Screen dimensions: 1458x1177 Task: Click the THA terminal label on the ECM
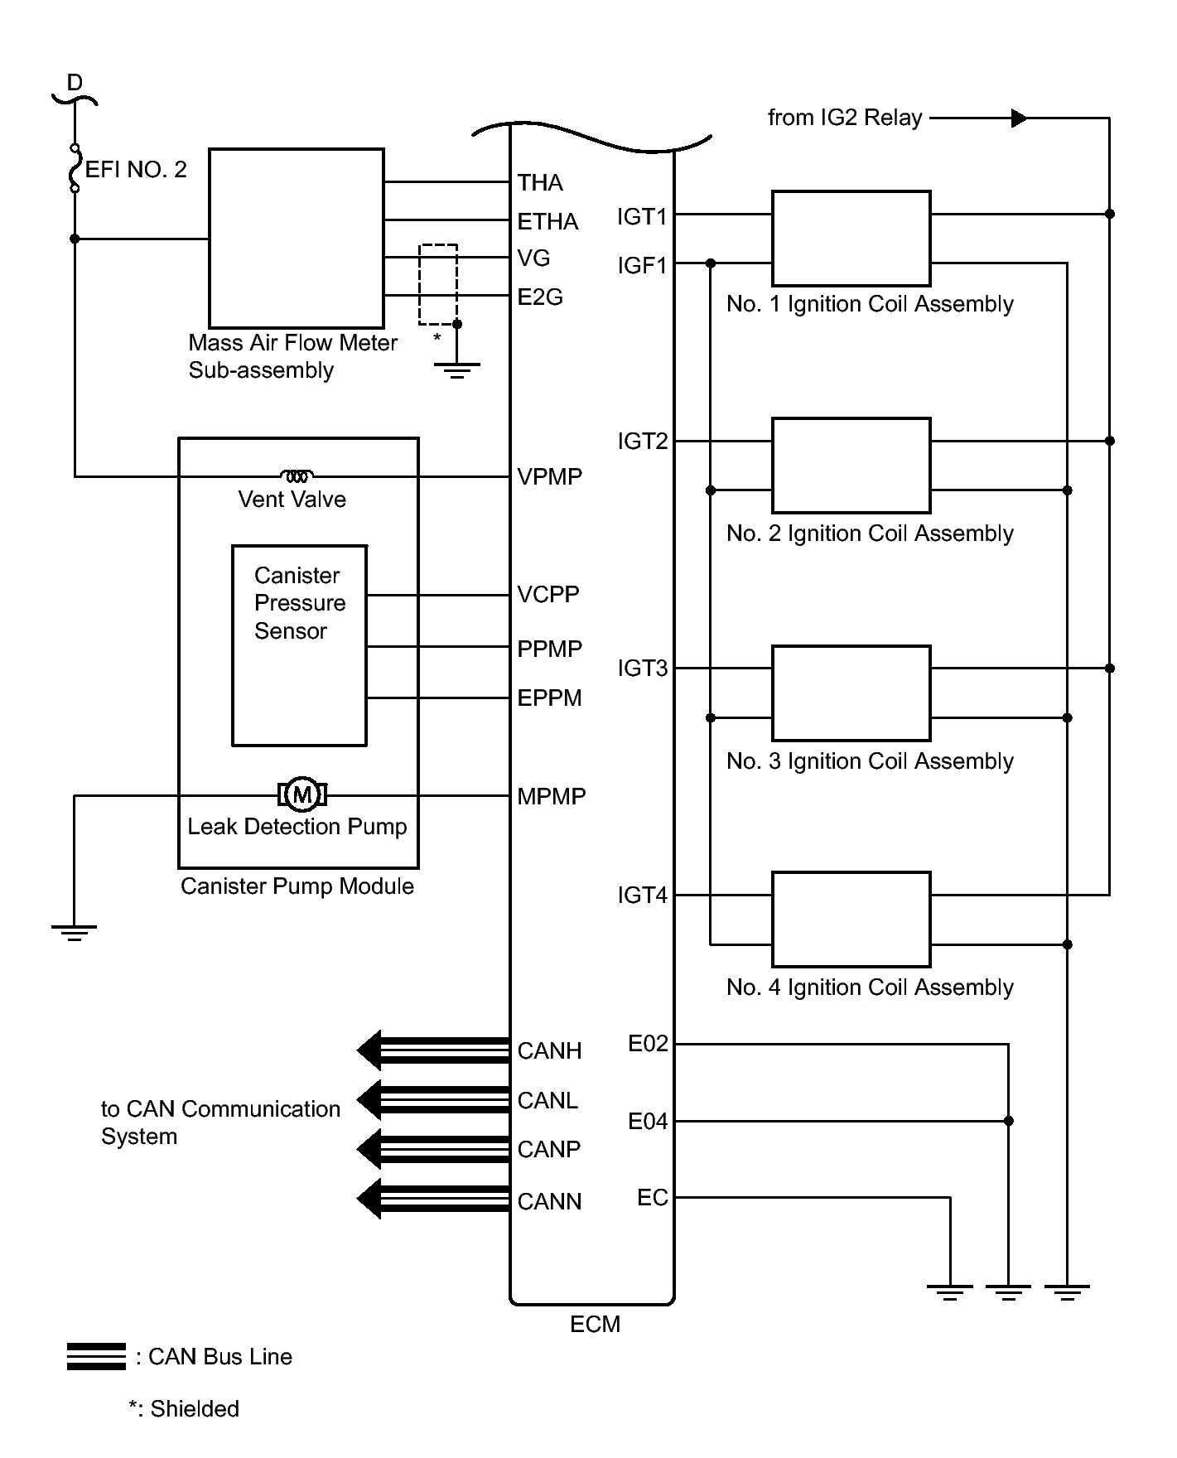tap(540, 182)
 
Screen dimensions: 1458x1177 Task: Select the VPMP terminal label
tap(549, 476)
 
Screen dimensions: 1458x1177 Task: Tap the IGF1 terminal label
tap(642, 265)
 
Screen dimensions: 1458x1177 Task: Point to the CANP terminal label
tap(548, 1150)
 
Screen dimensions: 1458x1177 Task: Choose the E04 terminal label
tap(648, 1122)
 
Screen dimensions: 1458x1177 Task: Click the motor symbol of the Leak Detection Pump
tap(302, 795)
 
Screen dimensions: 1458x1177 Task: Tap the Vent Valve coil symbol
tap(297, 476)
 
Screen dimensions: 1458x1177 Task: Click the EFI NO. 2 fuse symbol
tap(75, 169)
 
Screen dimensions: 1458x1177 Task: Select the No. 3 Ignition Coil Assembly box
tap(851, 693)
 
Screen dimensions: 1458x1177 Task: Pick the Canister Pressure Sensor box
tap(299, 645)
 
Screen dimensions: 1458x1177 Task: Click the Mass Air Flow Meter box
tap(296, 239)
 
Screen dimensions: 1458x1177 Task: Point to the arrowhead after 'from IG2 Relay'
tap(1019, 118)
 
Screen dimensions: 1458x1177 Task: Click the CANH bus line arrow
tap(432, 1050)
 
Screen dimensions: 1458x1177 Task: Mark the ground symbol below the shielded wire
tap(456, 370)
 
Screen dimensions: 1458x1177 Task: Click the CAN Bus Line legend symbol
tap(96, 1357)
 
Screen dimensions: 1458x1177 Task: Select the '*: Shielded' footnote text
tap(184, 1409)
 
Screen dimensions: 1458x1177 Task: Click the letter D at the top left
tap(75, 83)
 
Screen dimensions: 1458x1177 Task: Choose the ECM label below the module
tap(595, 1325)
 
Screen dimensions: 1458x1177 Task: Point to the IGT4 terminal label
tap(642, 896)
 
